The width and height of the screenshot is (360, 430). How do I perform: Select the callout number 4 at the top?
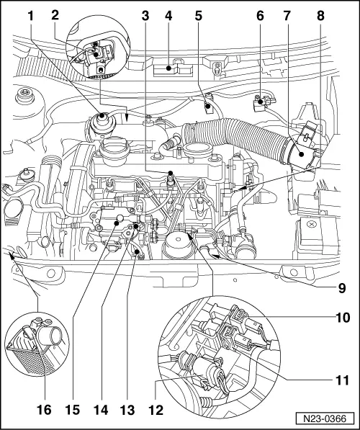click(x=169, y=14)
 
